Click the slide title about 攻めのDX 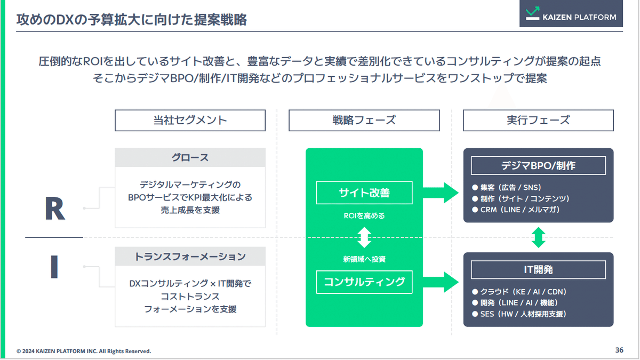(x=132, y=20)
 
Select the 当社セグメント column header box (x=190, y=120)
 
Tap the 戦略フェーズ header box (x=364, y=120)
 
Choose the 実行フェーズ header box (x=538, y=120)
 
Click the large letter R (x=54, y=209)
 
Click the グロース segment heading (x=190, y=157)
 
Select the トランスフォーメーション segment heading (x=190, y=257)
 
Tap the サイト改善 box (x=364, y=193)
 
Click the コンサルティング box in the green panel (x=364, y=282)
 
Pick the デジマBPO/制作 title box (x=538, y=165)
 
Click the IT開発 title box (x=538, y=269)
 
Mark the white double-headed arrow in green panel (x=364, y=237)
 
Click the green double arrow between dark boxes (x=539, y=237)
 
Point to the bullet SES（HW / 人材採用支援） (x=519, y=314)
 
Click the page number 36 (x=619, y=350)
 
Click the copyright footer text (x=84, y=351)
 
